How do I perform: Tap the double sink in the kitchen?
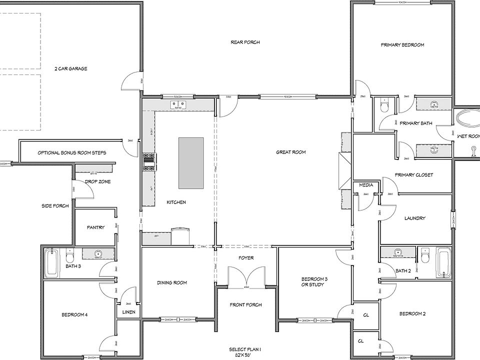point(178,105)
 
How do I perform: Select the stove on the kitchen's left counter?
point(149,160)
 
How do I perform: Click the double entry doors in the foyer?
point(246,276)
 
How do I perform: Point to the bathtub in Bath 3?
point(52,262)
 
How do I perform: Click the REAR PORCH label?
point(245,42)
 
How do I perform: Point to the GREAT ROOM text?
point(290,152)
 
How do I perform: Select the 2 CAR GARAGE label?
point(71,69)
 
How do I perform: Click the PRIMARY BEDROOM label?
point(402,45)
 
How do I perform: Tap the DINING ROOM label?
point(172,283)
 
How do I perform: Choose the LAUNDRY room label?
point(414,218)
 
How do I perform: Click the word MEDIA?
point(366,185)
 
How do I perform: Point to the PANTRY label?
point(95,227)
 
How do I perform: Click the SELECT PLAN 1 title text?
point(245,349)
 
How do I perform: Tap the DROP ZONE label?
point(97,182)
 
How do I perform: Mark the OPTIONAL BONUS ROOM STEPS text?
point(71,153)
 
